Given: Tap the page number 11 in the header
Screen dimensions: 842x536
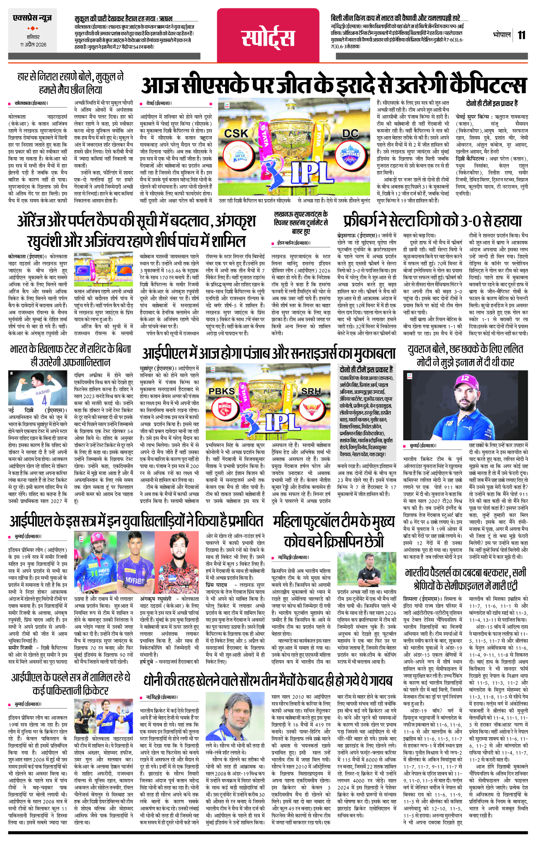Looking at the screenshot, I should click(521, 35).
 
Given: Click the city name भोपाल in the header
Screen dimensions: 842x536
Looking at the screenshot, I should click(502, 35).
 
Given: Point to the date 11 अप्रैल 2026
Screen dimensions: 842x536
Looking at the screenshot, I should click(33, 44).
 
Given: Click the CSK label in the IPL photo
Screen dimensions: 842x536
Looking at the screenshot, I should click(236, 133).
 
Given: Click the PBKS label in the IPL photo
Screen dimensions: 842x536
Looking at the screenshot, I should click(222, 391).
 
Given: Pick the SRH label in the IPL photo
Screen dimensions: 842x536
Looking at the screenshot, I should click(311, 391).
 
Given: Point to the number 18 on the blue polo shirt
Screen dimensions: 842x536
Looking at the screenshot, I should click(449, 424).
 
